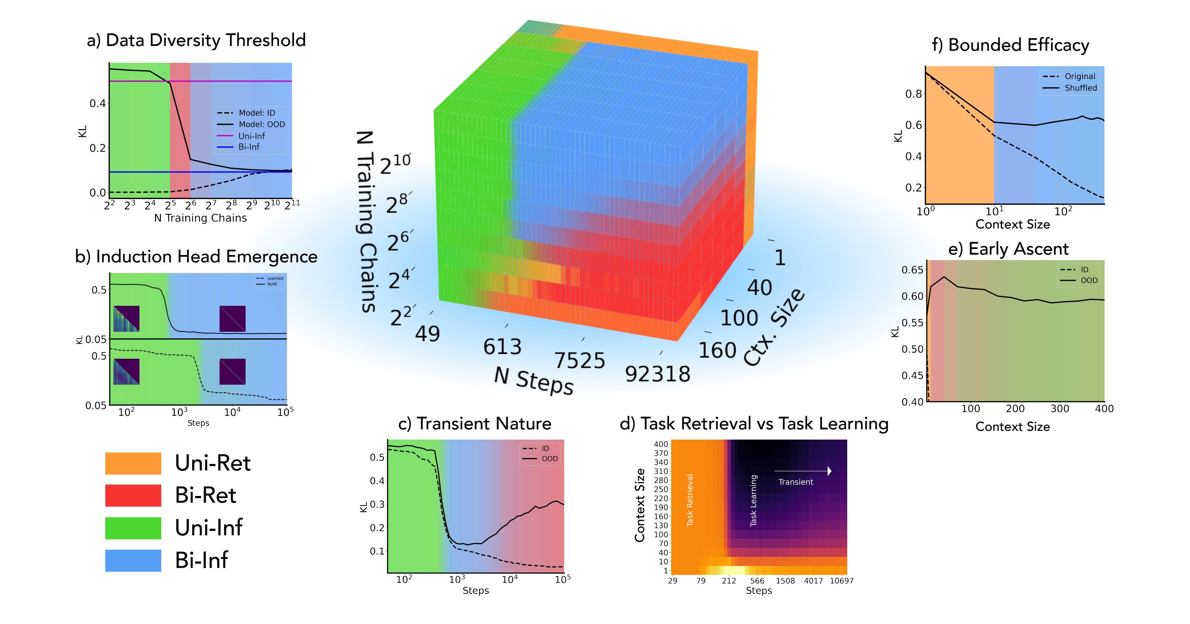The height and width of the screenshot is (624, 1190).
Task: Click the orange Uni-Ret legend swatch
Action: click(x=133, y=463)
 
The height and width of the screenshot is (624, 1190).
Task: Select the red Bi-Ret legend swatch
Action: click(x=133, y=496)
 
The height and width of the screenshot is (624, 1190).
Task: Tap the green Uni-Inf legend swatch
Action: click(x=133, y=528)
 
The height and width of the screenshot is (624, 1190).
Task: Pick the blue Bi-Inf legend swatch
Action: click(x=133, y=560)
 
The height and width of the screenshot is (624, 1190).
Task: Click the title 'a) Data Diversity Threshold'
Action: click(x=196, y=40)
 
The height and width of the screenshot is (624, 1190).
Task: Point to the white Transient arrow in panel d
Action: click(x=803, y=471)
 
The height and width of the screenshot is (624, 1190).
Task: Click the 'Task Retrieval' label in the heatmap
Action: click(x=690, y=500)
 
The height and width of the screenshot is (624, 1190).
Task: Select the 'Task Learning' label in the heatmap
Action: click(x=753, y=501)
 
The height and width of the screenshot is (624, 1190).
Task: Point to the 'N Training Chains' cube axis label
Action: click(x=367, y=221)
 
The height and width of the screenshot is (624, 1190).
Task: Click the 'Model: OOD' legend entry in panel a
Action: click(x=261, y=124)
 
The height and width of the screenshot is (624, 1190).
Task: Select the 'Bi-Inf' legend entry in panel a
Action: click(x=249, y=147)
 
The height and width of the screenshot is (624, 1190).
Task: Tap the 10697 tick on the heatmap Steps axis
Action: click(x=841, y=581)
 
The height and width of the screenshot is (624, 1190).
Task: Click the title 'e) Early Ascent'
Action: click(x=1008, y=249)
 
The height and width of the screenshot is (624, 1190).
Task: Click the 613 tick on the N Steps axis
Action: click(x=502, y=347)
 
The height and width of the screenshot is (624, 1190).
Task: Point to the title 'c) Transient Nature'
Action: click(x=475, y=424)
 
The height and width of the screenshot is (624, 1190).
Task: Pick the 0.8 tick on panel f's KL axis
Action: click(x=913, y=94)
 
